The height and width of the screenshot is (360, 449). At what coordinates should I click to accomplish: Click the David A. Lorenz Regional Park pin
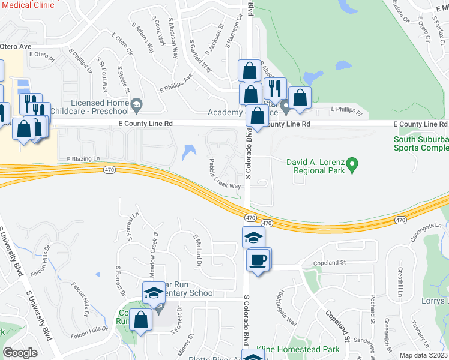pyautogui.click(x=353, y=163)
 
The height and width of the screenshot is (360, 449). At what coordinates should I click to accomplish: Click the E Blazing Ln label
pyautogui.click(x=82, y=158)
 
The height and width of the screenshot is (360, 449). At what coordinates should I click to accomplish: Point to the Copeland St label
pyautogui.click(x=330, y=262)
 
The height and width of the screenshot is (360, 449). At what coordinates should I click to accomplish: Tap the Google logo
pyautogui.click(x=20, y=353)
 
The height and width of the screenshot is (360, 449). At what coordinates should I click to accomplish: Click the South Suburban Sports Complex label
pyautogui.click(x=421, y=143)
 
